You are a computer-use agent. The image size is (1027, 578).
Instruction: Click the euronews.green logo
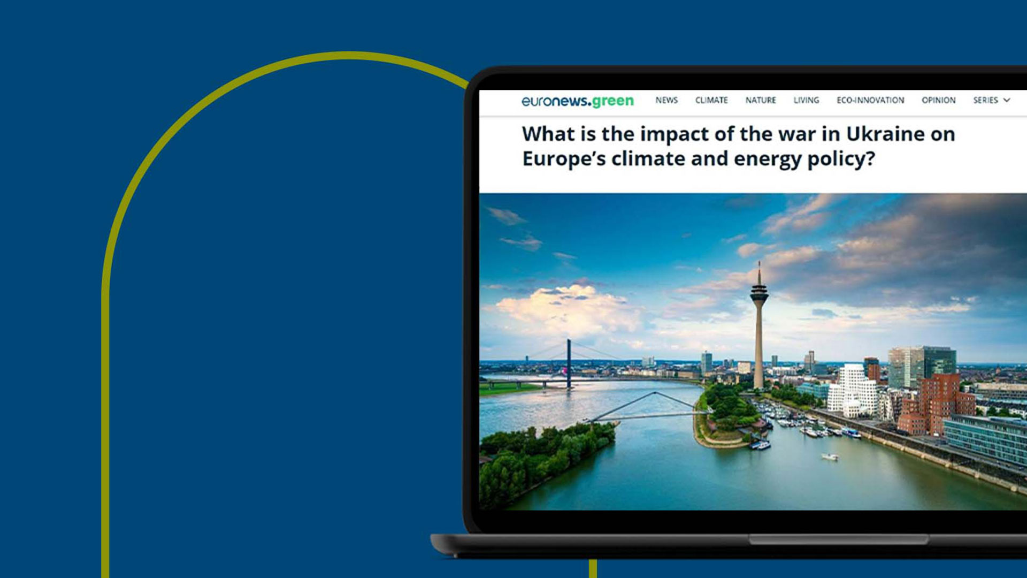[x=578, y=101]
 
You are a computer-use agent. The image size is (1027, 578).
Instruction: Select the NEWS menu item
[x=666, y=100]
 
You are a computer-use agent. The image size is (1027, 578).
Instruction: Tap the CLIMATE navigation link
[x=711, y=100]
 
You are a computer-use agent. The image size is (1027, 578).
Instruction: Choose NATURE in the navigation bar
[x=761, y=100]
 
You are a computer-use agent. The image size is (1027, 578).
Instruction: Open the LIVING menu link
[x=806, y=100]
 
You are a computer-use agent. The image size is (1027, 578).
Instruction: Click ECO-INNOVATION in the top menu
[x=870, y=100]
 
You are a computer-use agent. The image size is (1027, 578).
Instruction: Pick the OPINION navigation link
[x=938, y=100]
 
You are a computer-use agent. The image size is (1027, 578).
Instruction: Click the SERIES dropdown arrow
[x=1007, y=100]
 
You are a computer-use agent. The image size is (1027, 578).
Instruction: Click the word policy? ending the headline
[x=841, y=159]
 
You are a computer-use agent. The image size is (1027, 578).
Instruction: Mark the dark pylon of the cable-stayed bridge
[x=569, y=363]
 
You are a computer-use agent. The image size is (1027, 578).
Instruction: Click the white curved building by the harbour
[x=852, y=390]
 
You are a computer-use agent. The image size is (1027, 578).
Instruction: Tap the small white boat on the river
[x=830, y=457]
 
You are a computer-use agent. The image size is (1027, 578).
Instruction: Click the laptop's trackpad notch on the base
[x=839, y=539]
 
